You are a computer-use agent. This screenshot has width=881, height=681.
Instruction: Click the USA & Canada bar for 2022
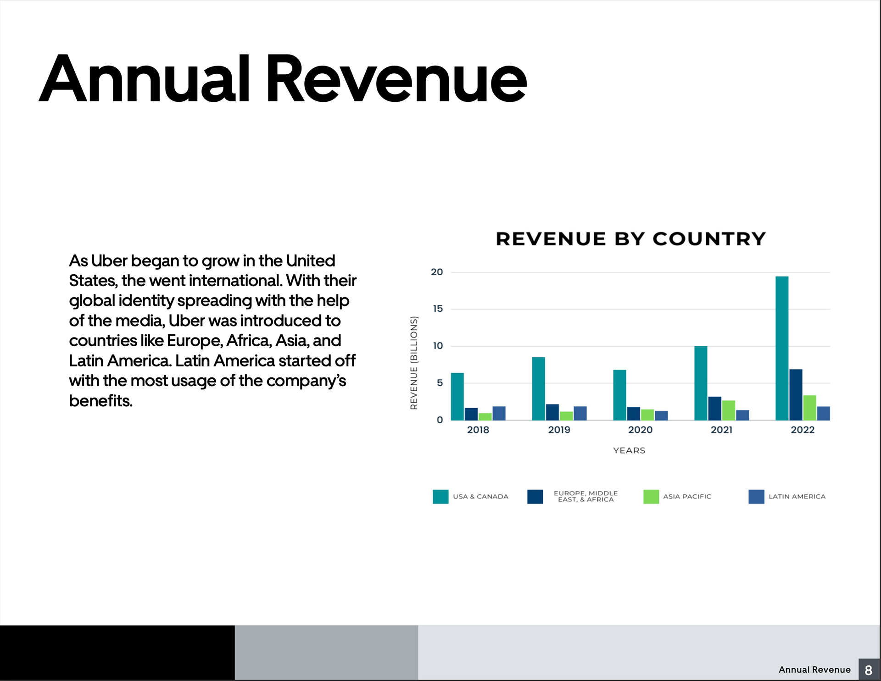782,349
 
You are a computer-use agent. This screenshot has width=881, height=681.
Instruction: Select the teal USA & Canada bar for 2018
457,397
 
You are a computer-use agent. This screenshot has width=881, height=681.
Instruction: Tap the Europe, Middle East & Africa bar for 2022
796,395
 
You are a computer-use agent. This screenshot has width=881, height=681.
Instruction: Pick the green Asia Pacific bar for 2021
728,410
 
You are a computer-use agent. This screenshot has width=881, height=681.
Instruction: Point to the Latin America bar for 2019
580,413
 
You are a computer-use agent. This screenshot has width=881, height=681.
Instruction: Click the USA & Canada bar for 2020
619,395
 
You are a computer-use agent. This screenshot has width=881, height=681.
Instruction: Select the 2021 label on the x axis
721,430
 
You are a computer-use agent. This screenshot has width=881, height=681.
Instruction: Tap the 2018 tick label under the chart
478,430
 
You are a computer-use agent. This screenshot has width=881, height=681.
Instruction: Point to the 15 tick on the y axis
438,309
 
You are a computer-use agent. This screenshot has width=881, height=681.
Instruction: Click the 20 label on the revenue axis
437,272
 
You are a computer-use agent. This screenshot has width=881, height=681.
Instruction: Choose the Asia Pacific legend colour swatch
651,497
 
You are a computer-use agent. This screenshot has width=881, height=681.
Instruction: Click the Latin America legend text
797,497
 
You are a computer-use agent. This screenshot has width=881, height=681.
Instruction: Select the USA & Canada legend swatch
440,497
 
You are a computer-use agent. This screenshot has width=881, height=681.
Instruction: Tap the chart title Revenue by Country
631,239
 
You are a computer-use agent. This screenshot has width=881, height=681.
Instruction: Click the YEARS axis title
629,450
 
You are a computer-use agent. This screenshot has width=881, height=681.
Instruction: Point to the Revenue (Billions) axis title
414,362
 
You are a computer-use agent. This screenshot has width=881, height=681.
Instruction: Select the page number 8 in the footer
868,670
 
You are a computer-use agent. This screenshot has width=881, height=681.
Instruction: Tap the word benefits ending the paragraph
100,401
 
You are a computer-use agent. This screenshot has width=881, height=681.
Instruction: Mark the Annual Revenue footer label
814,670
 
